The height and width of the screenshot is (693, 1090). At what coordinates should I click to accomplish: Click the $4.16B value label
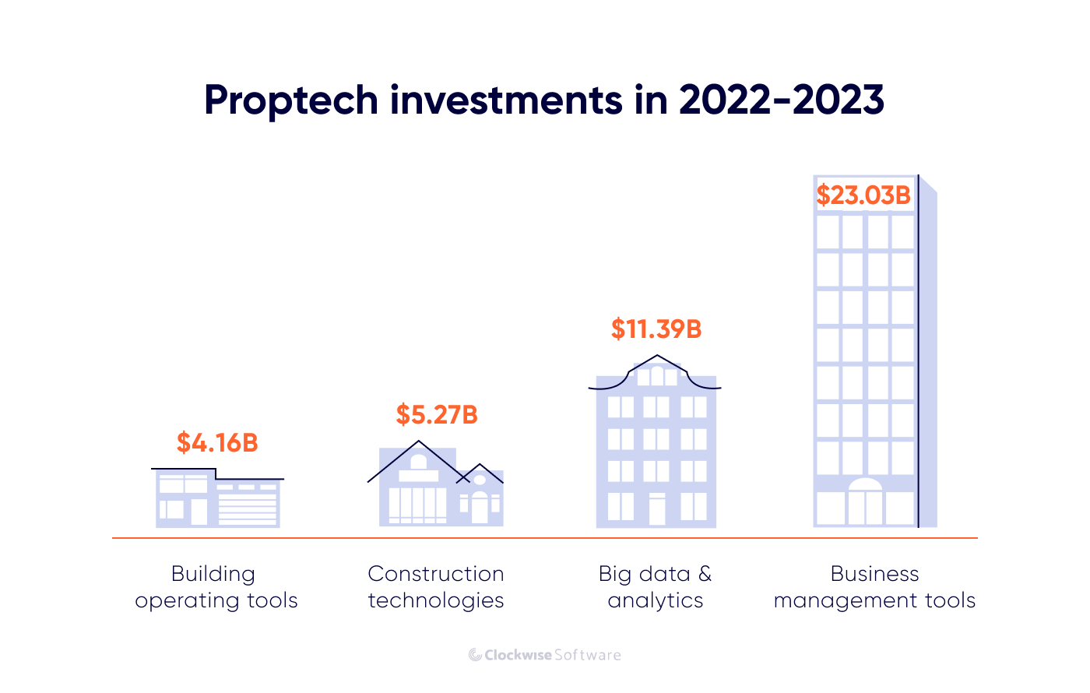click(x=216, y=443)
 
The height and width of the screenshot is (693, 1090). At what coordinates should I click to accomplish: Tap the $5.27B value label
click(x=436, y=415)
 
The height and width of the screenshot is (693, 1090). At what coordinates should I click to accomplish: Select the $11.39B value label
click(x=656, y=329)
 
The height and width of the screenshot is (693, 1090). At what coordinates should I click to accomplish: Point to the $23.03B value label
click(x=863, y=195)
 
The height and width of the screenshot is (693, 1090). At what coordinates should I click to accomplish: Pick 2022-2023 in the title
click(x=781, y=100)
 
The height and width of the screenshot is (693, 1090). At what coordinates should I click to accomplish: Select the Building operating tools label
click(x=216, y=587)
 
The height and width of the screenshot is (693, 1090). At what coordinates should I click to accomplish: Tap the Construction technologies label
click(x=436, y=587)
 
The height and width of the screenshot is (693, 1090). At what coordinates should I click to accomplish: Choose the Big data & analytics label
click(x=656, y=587)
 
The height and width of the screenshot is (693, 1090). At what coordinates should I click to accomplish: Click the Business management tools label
click(x=874, y=587)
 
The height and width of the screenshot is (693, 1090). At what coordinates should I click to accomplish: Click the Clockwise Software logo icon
click(x=475, y=655)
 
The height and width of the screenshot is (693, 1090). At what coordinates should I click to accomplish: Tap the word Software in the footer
click(x=588, y=655)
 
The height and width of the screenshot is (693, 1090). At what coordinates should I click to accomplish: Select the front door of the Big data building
click(x=657, y=510)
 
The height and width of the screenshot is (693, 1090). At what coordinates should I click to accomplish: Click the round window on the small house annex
click(x=480, y=480)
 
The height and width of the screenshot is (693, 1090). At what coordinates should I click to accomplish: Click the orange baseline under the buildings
click(x=545, y=538)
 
